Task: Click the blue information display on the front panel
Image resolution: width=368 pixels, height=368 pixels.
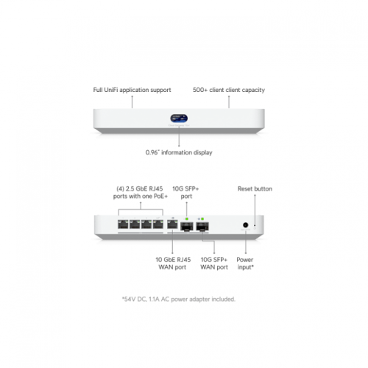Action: tap(179, 118)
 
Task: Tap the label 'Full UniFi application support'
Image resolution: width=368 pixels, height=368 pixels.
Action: tap(132, 90)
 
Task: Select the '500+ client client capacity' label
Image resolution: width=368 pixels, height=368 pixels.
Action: tap(229, 90)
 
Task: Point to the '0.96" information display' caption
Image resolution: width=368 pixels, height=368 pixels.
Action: tap(179, 152)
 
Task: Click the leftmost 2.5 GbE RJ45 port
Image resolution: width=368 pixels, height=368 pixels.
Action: tap(123, 224)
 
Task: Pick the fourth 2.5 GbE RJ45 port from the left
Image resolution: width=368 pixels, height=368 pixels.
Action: tap(158, 224)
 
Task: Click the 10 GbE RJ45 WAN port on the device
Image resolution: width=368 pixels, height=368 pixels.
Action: tap(172, 224)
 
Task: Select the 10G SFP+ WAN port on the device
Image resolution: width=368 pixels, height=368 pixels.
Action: tap(202, 227)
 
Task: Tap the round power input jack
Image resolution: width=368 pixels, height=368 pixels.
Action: tap(245, 224)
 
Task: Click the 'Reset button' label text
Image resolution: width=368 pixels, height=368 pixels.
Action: tap(255, 188)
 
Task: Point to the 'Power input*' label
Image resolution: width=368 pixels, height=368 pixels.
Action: tap(245, 263)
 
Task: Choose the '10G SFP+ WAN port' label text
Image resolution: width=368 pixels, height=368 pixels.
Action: tap(214, 263)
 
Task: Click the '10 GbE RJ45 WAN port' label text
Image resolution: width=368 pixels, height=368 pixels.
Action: tap(173, 263)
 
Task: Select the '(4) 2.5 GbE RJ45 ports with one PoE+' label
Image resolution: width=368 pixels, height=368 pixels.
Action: tap(141, 192)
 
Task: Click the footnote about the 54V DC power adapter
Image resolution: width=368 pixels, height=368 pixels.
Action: tap(179, 299)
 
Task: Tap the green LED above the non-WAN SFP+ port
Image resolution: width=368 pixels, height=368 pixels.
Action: tap(187, 219)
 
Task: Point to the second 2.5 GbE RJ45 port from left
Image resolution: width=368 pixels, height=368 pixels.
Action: tap(135, 224)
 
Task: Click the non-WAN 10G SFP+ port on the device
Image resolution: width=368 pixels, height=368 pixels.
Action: tap(187, 227)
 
